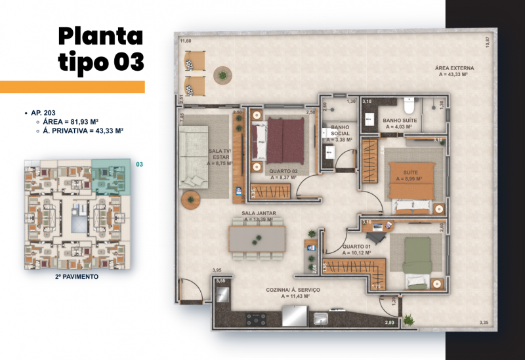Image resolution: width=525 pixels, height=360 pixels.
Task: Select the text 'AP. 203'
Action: coord(44,113)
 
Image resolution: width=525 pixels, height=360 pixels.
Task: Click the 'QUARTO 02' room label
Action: coord(282,174)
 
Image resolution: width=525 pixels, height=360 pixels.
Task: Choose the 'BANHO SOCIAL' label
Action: coord(340,132)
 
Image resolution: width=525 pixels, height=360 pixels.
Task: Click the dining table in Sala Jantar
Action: coord(257,237)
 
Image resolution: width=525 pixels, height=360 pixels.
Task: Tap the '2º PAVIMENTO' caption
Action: coord(77,277)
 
